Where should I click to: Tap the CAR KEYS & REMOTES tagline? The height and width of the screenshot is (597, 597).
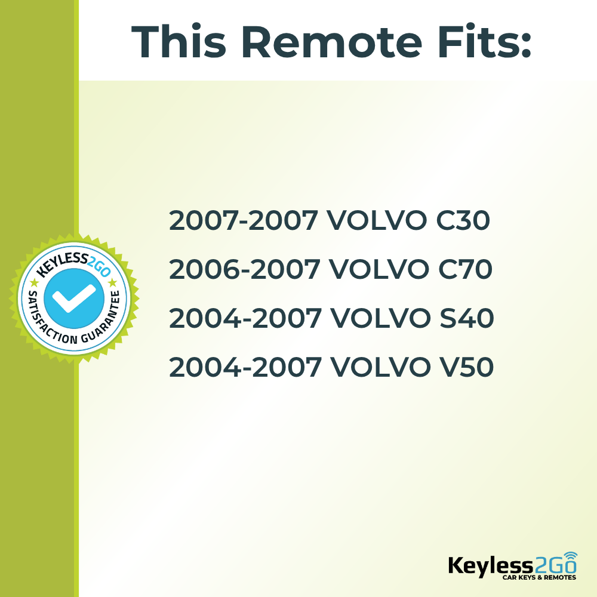pyautogui.click(x=538, y=578)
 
